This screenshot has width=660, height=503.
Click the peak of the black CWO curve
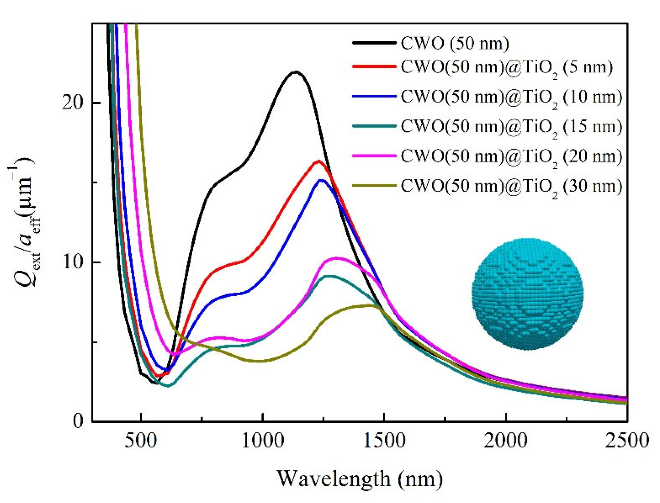pyautogui.click(x=296, y=72)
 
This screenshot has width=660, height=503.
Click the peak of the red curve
pyautogui.click(x=318, y=161)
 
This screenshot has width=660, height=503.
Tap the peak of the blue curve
pyautogui.click(x=322, y=180)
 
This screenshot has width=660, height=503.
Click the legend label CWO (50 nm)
pyautogui.click(x=455, y=43)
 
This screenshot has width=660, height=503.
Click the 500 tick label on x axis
pyautogui.click(x=140, y=441)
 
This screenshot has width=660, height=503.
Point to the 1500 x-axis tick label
pyautogui.click(x=384, y=441)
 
